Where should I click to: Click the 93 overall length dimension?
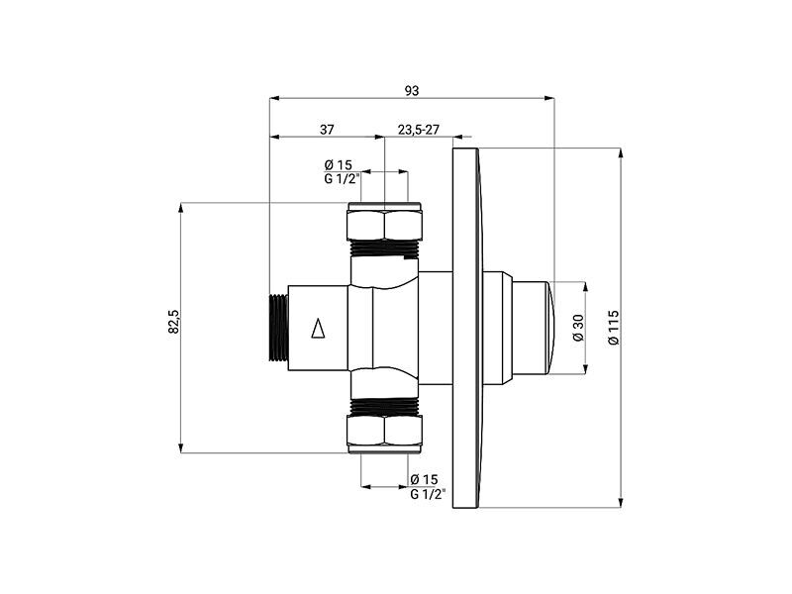click(412, 90)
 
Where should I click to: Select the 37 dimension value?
click(327, 130)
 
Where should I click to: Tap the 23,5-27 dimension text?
click(419, 130)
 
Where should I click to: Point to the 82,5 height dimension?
click(173, 321)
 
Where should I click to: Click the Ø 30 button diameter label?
click(578, 328)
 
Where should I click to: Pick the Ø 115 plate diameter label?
click(614, 328)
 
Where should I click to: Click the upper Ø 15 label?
click(338, 164)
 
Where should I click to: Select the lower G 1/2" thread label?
click(429, 493)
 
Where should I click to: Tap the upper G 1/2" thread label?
click(342, 178)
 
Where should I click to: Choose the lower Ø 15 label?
click(425, 479)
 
